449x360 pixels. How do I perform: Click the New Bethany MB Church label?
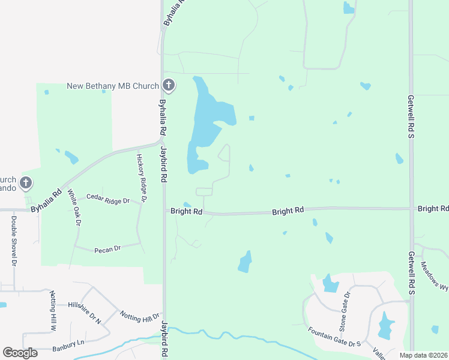pyautogui.click(x=112, y=86)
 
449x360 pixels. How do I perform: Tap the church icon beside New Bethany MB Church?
pyautogui.click(x=169, y=86)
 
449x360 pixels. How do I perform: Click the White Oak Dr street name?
pyautogui.click(x=74, y=207)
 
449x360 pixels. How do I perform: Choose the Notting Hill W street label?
pyautogui.click(x=53, y=311)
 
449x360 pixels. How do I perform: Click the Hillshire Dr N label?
pyautogui.click(x=85, y=313)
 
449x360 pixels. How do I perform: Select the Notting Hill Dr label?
pyautogui.click(x=140, y=316)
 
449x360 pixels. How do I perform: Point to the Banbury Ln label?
pyautogui.click(x=68, y=343)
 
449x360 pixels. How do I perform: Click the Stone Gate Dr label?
pyautogui.click(x=345, y=311)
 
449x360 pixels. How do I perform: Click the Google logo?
pyautogui.click(x=20, y=353)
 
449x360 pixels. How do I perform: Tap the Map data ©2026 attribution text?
pyautogui.click(x=424, y=355)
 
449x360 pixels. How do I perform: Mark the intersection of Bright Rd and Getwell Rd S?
pyautogui.click(x=411, y=208)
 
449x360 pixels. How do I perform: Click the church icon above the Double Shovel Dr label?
pyautogui.click(x=26, y=182)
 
